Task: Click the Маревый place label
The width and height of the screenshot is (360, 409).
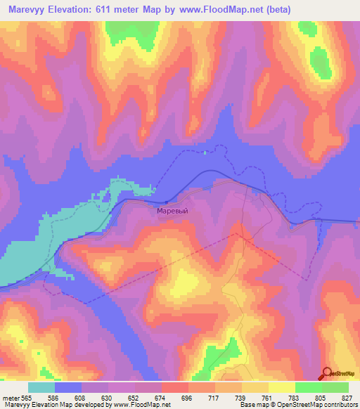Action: click(172, 209)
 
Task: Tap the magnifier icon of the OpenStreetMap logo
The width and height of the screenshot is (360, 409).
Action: click(326, 372)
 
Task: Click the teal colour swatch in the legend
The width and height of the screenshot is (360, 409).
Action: click(41, 387)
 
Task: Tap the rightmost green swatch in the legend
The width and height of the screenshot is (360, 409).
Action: click(335, 387)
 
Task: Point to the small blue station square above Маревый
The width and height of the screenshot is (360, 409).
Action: click(166, 203)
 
